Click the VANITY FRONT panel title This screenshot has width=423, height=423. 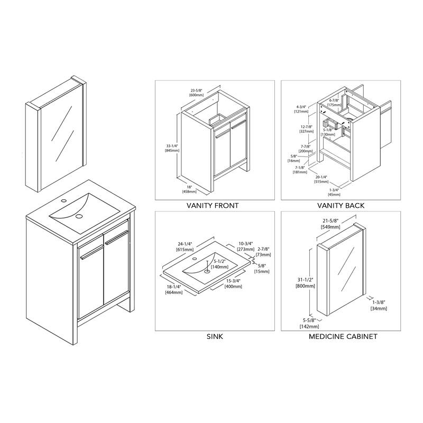point(213,206)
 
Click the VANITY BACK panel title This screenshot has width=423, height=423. point(341,206)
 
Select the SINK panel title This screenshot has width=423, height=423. point(215,336)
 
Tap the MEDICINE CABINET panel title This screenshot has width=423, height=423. point(343,336)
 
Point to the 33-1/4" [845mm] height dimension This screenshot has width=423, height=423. point(172,148)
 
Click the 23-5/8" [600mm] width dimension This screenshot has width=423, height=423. point(196,93)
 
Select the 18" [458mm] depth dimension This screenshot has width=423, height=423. point(189,189)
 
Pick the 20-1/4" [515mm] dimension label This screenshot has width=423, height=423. point(321,179)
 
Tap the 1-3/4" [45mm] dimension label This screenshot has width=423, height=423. point(334,192)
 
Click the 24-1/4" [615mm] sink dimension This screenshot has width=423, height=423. point(185,246)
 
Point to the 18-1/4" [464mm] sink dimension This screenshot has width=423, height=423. point(174,289)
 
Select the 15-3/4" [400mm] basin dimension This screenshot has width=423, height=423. point(233,283)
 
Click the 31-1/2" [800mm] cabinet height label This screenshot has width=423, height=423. point(305,283)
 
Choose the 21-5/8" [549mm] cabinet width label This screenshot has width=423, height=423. point(330,224)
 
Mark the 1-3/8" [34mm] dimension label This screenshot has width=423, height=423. point(379,305)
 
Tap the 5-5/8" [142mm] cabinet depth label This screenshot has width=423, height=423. point(309,323)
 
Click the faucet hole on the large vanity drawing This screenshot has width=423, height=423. point(64,200)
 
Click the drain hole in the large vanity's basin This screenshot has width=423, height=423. point(79,216)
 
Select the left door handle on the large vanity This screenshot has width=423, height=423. point(91,252)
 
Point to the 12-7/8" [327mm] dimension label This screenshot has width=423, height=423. point(307,128)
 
